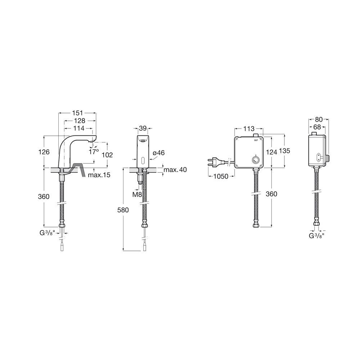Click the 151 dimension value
77,113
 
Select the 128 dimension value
80,121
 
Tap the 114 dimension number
79,128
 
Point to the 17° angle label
94,152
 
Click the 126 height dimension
44,152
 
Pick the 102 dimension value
107,155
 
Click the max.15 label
99,175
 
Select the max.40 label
175,170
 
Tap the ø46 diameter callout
159,153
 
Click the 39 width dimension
143,129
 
